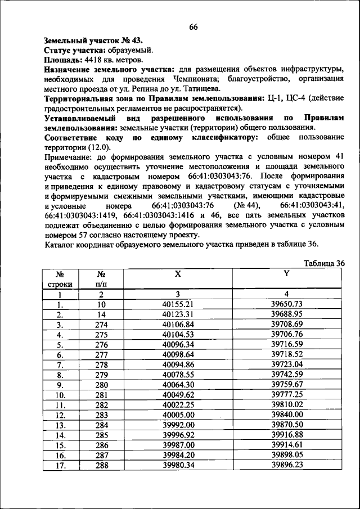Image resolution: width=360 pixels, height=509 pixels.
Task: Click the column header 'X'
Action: click(x=177, y=274)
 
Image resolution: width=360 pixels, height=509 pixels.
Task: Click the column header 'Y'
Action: click(x=286, y=274)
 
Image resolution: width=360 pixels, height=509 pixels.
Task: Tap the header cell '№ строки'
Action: click(x=59, y=278)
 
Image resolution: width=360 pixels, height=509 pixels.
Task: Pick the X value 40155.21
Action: click(x=177, y=304)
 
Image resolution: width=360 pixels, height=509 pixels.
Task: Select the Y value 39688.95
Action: click(x=286, y=314)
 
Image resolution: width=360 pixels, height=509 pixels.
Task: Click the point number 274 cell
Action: click(x=101, y=325)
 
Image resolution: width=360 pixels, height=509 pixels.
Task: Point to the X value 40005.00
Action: click(x=177, y=415)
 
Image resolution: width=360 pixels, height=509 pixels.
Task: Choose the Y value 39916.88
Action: click(x=286, y=435)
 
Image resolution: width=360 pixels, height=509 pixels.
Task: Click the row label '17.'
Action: click(x=59, y=465)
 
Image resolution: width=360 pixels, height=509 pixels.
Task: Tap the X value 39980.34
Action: click(x=177, y=465)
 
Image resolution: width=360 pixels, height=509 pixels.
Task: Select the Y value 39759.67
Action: click(x=286, y=384)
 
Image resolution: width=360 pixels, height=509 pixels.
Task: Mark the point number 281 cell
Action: click(x=101, y=394)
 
